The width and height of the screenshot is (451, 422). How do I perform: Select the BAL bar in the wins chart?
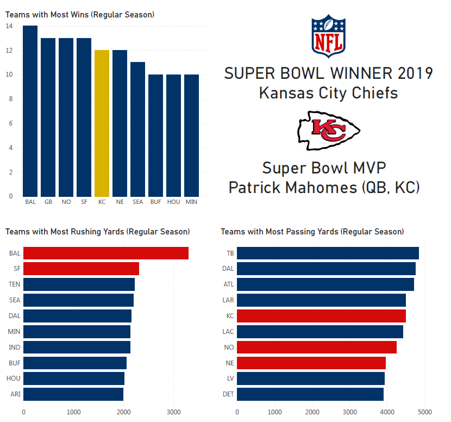(x=30, y=111)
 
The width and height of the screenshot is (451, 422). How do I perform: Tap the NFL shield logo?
(x=328, y=36)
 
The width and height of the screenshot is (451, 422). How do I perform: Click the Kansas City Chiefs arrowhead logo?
(x=329, y=131)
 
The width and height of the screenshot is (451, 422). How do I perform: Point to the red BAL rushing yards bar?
(x=106, y=253)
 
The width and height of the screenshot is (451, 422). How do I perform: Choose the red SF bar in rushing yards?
(x=81, y=269)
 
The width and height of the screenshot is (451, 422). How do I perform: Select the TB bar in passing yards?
(x=328, y=253)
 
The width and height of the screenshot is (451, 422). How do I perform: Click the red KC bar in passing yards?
(x=321, y=316)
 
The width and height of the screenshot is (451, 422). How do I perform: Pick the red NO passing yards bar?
(x=317, y=347)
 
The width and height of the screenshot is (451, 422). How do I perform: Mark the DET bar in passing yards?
(x=310, y=394)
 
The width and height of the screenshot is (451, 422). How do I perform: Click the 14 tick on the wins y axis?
(x=10, y=26)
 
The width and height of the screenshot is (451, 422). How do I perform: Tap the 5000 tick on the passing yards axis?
(x=425, y=412)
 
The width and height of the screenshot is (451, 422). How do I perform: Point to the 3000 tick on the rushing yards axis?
(x=173, y=412)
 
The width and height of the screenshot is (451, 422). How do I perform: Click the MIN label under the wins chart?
(x=191, y=202)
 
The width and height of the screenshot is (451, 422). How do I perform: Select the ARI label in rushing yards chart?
(x=15, y=394)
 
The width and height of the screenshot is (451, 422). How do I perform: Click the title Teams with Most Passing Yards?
(x=312, y=232)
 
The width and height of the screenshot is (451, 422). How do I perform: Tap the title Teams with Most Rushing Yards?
(x=97, y=232)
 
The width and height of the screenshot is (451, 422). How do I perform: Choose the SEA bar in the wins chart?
(x=138, y=129)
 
